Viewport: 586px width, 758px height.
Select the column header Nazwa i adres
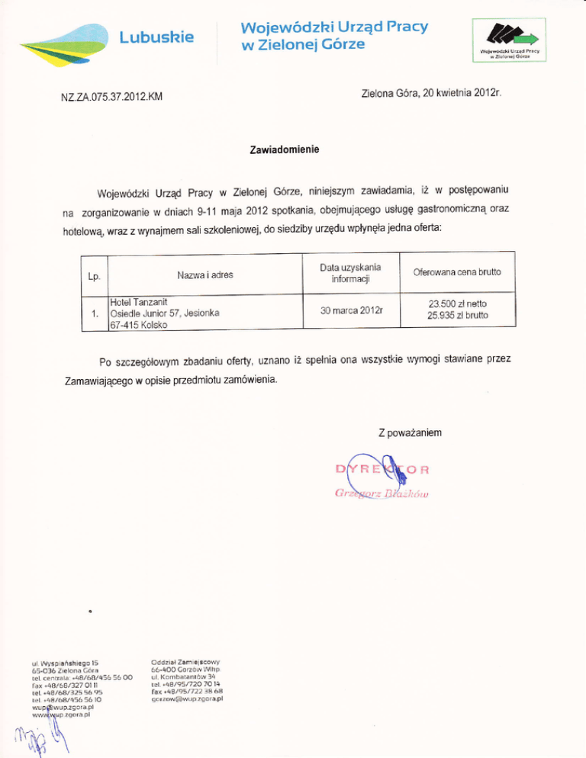point(201,272)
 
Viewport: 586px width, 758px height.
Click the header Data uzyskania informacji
point(351,272)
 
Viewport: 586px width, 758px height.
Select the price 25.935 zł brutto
point(459,314)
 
